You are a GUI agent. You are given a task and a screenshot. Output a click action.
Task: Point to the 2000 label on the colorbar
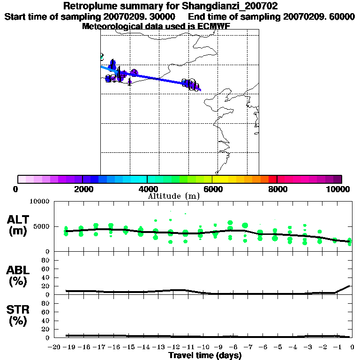[x=82, y=189]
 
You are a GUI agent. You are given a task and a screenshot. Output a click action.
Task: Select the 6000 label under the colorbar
[x=212, y=189]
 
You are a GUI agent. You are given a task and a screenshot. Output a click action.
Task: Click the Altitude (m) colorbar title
[x=174, y=196]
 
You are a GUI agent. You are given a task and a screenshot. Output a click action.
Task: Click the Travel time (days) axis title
[x=205, y=356]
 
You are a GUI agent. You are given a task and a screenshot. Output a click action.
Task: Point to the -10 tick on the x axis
[x=204, y=347]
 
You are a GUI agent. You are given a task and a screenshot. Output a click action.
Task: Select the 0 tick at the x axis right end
[x=352, y=347]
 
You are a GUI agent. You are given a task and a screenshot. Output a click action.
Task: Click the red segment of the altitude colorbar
[x=272, y=179]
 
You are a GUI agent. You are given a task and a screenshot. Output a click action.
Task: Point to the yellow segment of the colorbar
[x=224, y=179]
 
